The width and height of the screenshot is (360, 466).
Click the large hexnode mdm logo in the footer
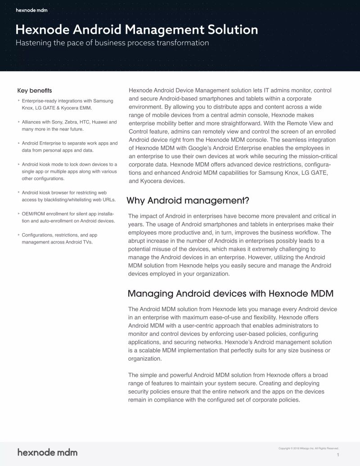[x=47, y=452]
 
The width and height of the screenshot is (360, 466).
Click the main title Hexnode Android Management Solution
[x=137, y=30]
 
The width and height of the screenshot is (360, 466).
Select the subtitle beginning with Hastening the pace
[x=112, y=43]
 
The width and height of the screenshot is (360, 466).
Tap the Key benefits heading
[x=34, y=90]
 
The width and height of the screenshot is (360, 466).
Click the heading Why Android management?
[x=188, y=200]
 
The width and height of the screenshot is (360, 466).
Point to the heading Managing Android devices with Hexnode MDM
[x=230, y=294]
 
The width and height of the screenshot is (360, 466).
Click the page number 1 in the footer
[x=337, y=456]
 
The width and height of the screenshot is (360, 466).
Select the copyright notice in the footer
[x=308, y=448]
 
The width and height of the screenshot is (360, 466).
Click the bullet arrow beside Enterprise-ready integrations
[x=18, y=101]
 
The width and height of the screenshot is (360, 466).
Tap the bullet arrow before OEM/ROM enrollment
[x=18, y=213]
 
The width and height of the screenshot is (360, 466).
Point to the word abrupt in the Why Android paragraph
[x=138, y=241]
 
